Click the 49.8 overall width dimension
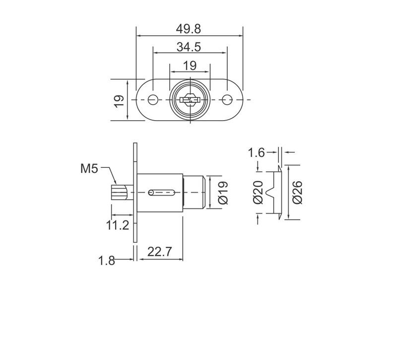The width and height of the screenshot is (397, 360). pyautogui.click(x=188, y=29)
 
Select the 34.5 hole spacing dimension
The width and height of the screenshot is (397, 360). pyautogui.click(x=188, y=47)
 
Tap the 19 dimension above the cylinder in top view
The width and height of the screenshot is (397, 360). pyautogui.click(x=190, y=65)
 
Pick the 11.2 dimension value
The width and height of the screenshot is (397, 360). pyautogui.click(x=118, y=225)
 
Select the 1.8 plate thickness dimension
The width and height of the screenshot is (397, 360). pyautogui.click(x=107, y=260)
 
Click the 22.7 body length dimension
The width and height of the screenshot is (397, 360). pyautogui.click(x=159, y=252)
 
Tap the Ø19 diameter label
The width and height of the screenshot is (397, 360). pyautogui.click(x=223, y=192)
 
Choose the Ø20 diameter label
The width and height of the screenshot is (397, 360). pyautogui.click(x=257, y=192)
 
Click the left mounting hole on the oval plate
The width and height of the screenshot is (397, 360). pyautogui.click(x=154, y=100)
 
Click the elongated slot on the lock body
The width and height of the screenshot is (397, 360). pyautogui.click(x=161, y=192)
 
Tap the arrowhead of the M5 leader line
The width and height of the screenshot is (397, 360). pyautogui.click(x=117, y=184)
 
